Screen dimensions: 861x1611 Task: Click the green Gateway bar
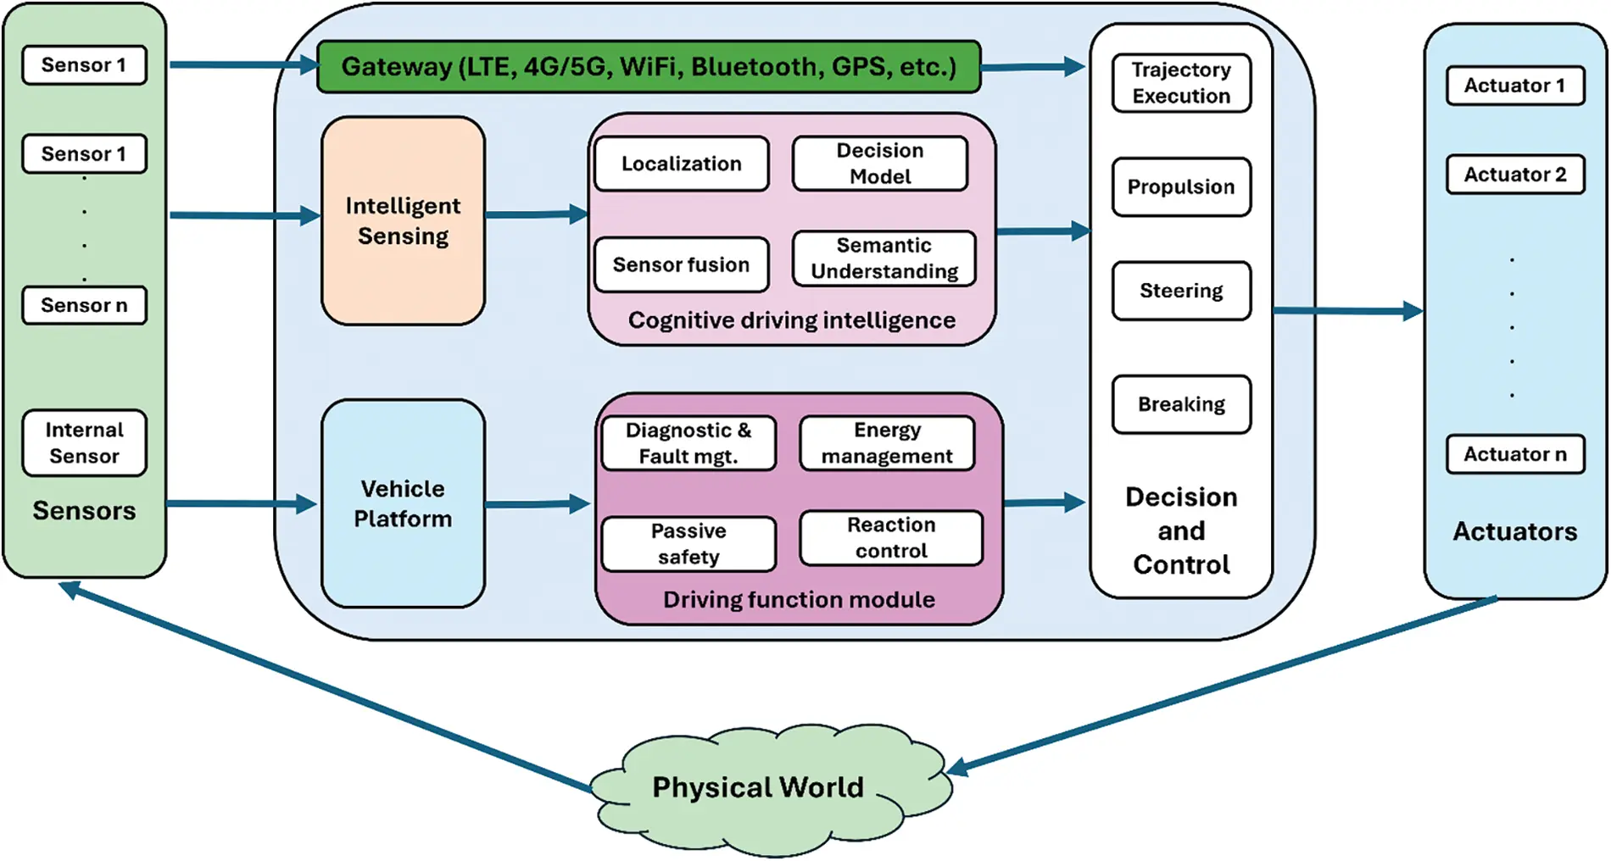(649, 66)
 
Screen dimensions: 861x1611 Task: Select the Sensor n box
(84, 305)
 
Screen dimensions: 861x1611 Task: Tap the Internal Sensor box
(84, 443)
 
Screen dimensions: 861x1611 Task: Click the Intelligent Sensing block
(403, 220)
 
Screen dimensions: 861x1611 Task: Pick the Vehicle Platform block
(403, 503)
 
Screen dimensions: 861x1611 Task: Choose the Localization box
(682, 164)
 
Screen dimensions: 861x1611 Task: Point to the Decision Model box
(880, 164)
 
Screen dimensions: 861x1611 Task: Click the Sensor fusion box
(682, 264)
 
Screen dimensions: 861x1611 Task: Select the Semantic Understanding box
(884, 258)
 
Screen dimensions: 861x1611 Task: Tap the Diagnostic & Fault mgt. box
(688, 443)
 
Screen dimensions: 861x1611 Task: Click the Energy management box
(887, 443)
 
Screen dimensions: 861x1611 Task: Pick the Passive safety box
(688, 544)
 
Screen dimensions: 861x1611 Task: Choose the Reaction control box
(891, 538)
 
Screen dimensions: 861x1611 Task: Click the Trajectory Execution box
(1181, 83)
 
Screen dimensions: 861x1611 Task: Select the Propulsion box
(1181, 187)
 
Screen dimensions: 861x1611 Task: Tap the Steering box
(1181, 291)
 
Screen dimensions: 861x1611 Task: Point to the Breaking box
(1181, 404)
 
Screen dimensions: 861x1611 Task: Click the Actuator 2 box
(1515, 175)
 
